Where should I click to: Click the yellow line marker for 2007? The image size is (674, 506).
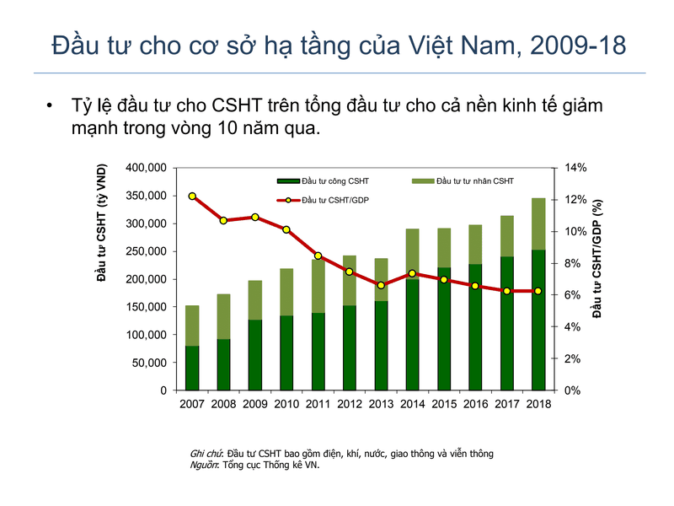click(x=192, y=196)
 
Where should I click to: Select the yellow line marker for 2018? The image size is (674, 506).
click(x=538, y=291)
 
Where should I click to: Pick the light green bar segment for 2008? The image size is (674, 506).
click(x=223, y=316)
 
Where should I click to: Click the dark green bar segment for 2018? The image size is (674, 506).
click(x=538, y=320)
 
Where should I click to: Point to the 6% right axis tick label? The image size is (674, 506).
click(x=573, y=295)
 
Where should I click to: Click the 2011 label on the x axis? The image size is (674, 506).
click(x=318, y=404)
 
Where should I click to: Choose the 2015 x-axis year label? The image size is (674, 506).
click(x=444, y=404)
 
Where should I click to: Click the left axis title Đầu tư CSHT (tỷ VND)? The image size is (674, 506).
click(x=102, y=226)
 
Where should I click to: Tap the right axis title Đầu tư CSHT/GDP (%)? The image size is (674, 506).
click(x=596, y=258)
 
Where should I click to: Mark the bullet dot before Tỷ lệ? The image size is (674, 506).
click(x=50, y=107)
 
